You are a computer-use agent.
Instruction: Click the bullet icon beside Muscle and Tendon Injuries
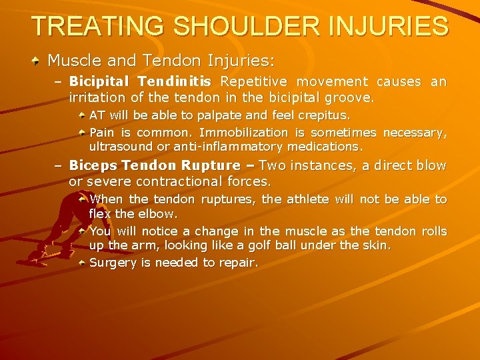point(37,61)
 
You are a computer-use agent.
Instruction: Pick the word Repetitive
point(256,82)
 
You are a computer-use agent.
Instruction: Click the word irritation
point(98,98)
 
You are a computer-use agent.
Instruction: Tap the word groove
point(351,98)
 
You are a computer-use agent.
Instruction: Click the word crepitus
point(325,114)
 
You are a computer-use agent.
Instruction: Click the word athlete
point(307,199)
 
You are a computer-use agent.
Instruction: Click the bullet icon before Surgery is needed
point(81,263)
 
